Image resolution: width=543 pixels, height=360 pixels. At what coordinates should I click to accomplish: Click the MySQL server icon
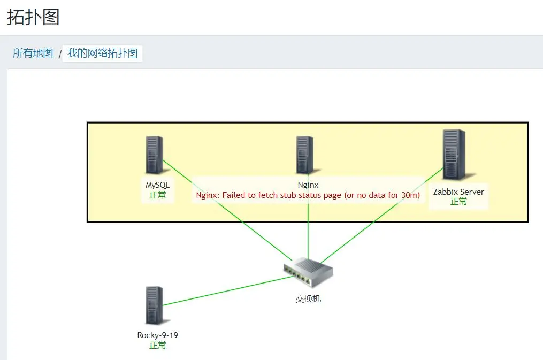click(x=154, y=155)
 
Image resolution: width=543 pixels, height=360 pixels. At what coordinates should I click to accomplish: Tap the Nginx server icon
click(x=305, y=155)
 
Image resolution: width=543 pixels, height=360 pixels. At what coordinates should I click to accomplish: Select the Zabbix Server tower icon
click(x=454, y=155)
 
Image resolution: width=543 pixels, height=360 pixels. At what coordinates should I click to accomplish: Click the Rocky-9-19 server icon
click(x=154, y=305)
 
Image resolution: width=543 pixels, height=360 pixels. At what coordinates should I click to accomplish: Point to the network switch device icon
click(x=308, y=272)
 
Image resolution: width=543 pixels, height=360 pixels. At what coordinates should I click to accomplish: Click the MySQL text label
click(x=158, y=185)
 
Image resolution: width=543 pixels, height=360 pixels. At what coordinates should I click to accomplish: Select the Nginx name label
click(x=308, y=185)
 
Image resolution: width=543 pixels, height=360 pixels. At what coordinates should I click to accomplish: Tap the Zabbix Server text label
click(x=458, y=192)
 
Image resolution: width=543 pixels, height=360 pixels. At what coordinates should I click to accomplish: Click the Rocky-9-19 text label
click(x=158, y=335)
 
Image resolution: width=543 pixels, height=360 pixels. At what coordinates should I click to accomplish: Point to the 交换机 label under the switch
click(x=308, y=298)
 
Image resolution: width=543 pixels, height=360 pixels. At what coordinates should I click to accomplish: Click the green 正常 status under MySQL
click(x=158, y=195)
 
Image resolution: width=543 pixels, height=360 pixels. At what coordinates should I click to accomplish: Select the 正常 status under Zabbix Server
click(x=458, y=202)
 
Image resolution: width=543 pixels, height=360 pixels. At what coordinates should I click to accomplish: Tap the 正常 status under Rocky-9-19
click(x=158, y=345)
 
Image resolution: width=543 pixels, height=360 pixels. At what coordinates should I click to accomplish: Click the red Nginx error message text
click(x=308, y=195)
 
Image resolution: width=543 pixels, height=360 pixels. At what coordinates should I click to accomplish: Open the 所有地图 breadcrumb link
click(x=33, y=53)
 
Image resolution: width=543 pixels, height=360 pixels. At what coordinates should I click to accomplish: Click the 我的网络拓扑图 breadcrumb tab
click(x=103, y=53)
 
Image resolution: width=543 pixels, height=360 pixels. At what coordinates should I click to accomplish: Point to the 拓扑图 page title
click(x=33, y=17)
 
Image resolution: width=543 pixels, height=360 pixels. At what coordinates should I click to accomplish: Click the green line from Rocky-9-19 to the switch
click(x=228, y=291)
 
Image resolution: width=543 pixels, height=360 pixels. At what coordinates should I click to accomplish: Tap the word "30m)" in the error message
click(x=410, y=195)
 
